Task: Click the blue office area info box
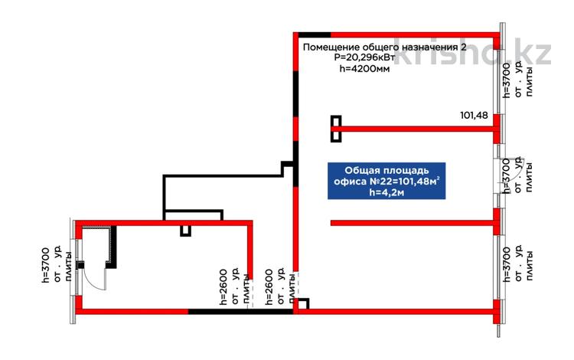pos(386,181)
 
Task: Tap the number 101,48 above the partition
pos(474,116)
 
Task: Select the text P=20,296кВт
pos(364,58)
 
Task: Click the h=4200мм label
pos(364,68)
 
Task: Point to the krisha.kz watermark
pos(473,51)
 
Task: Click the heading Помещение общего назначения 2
pos(385,47)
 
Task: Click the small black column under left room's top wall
pos(186,231)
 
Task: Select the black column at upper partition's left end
pos(336,129)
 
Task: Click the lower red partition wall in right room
pos(413,223)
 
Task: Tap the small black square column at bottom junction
pos(303,304)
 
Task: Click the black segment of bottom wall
pos(241,312)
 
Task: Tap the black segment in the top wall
pos(314,34)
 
